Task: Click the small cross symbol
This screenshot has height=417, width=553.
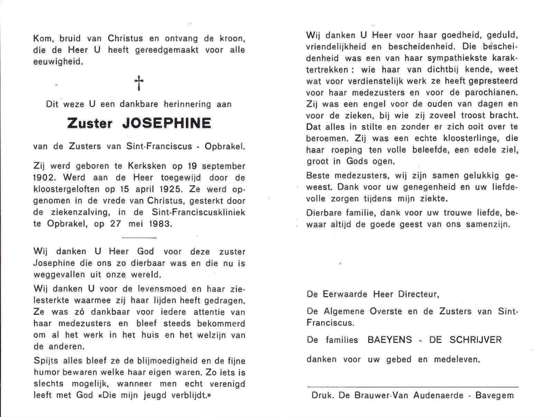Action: pos(139,83)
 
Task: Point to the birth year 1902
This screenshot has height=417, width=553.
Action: pos(43,178)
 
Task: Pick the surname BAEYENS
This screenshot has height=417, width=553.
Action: pos(390,340)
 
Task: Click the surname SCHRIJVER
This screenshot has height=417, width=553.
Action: pos(476,340)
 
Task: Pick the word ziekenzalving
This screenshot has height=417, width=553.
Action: pos(78,212)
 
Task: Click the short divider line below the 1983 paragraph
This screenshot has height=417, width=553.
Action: pos(139,238)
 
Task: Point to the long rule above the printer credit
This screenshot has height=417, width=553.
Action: pos(413,386)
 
